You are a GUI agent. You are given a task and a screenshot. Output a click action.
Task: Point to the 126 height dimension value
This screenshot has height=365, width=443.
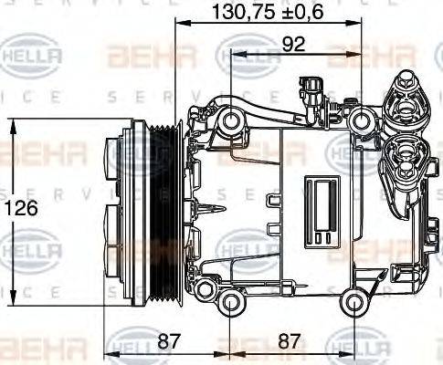(25, 208)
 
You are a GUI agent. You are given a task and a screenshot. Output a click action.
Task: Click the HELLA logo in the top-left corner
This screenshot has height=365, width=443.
(34, 57)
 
